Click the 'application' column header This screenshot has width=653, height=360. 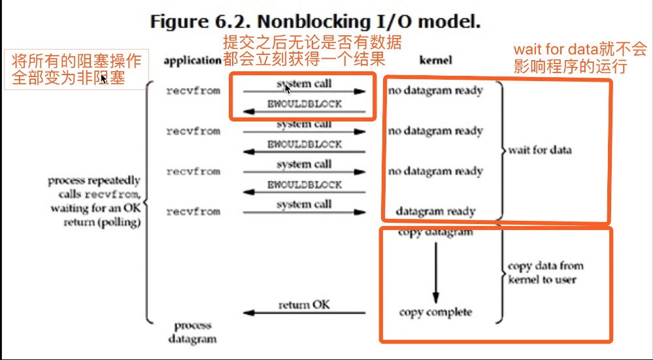click(x=192, y=60)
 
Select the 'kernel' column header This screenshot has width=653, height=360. click(x=435, y=60)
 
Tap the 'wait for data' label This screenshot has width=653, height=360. click(x=540, y=150)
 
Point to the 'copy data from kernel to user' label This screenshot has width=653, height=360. click(x=545, y=272)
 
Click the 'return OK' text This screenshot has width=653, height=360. click(x=304, y=304)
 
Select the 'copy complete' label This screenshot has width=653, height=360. click(x=435, y=312)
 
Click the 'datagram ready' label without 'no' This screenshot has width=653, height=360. click(x=435, y=212)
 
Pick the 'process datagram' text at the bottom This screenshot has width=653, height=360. click(x=192, y=332)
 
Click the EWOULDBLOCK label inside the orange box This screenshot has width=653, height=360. click(x=304, y=105)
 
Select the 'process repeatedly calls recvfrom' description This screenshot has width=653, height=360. click(x=94, y=201)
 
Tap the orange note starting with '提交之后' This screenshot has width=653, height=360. click(x=312, y=51)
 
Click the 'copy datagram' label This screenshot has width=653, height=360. click(x=435, y=233)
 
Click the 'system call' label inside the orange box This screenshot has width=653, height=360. click(x=304, y=84)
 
